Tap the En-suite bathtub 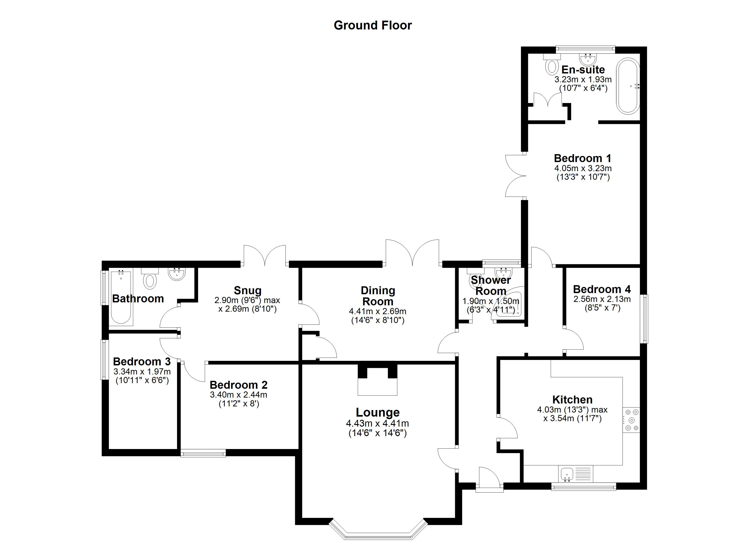point(628,86)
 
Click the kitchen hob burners point(631,420)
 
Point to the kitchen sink point(567,474)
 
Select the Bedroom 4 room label point(602,289)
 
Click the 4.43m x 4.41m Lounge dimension point(377,423)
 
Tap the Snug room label point(247,290)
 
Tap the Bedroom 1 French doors point(515,176)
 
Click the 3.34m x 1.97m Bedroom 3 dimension point(142,372)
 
